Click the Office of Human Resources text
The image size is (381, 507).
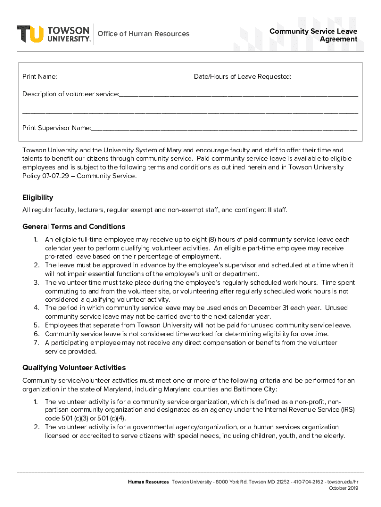tap(143, 34)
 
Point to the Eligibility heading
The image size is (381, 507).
tap(38, 197)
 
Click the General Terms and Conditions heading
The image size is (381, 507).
tap(74, 227)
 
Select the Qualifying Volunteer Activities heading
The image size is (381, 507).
tap(74, 368)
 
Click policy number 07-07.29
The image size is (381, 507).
tap(51, 176)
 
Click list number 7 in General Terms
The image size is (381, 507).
tap(36, 343)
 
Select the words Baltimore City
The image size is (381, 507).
tap(256, 389)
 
